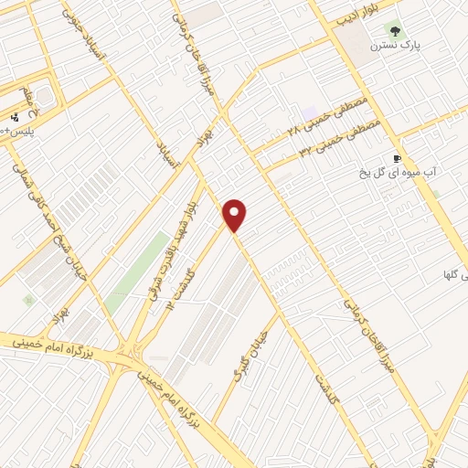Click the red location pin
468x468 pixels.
point(235,216)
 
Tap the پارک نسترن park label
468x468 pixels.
point(394,44)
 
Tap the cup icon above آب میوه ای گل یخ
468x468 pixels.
point(397,158)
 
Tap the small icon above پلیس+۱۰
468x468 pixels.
point(15,117)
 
